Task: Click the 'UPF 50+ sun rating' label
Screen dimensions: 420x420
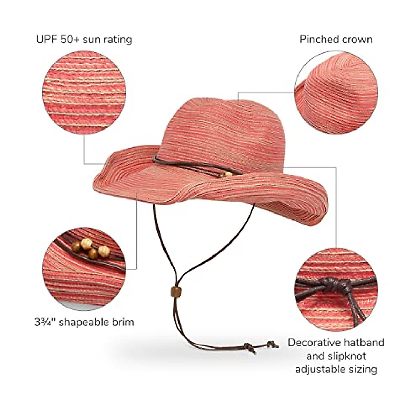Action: (x=84, y=39)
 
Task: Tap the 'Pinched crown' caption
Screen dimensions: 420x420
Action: (x=336, y=39)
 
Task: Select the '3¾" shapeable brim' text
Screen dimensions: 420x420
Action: (x=84, y=322)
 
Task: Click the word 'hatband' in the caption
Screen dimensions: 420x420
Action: (x=366, y=342)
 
